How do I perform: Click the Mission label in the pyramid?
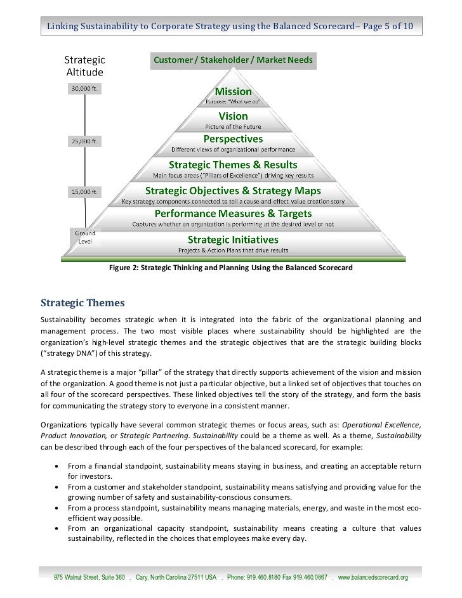click(234, 92)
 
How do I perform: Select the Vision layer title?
click(234, 116)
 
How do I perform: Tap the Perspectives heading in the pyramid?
click(233, 138)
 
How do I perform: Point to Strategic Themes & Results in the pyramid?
click(234, 163)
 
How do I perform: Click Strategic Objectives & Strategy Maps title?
click(234, 190)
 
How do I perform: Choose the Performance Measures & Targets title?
click(234, 214)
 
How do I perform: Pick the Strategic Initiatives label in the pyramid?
click(234, 239)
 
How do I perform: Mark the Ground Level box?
click(86, 237)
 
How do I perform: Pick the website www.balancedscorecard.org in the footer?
click(373, 578)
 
